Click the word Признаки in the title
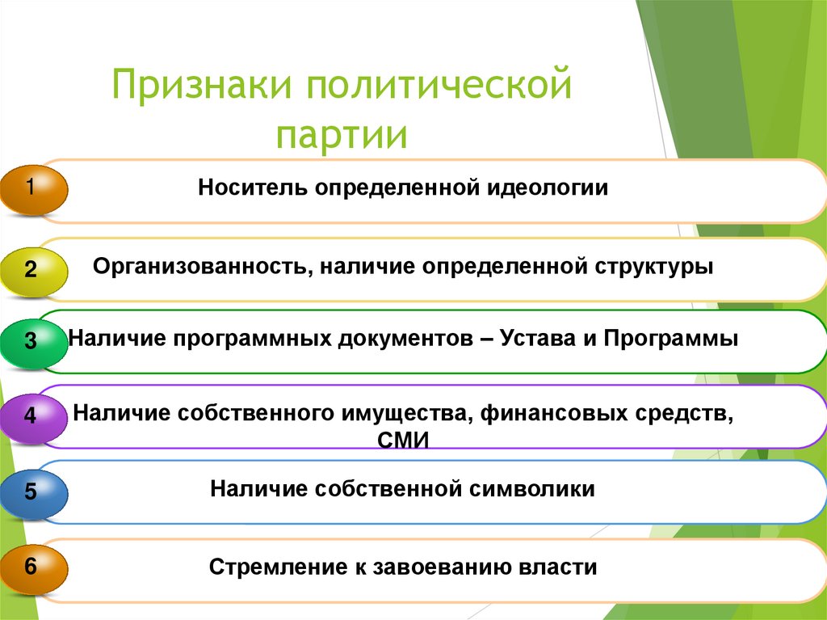(199, 86)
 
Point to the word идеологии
(548, 188)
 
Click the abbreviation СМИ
(402, 440)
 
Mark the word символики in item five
(534, 489)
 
